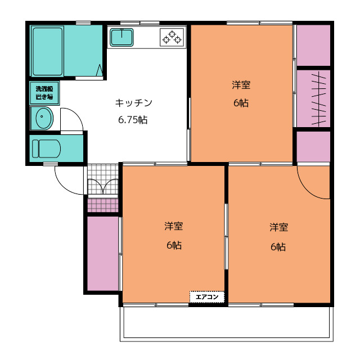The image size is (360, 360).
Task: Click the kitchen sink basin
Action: [121, 37]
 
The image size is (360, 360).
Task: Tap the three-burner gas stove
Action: [172, 37]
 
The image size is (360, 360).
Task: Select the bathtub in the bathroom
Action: [47, 51]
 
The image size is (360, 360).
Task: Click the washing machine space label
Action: [44, 93]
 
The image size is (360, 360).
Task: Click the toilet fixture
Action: [46, 148]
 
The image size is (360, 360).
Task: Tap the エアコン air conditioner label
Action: [207, 297]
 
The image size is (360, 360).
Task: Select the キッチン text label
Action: [134, 103]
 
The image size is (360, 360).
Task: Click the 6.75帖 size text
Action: [133, 120]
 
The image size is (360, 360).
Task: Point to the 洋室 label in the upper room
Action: [241, 85]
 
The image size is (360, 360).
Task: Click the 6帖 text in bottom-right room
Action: [278, 247]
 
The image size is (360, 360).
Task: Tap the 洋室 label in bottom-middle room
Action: [174, 226]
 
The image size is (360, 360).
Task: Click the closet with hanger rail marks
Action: [313, 98]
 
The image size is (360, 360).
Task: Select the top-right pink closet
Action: [313, 45]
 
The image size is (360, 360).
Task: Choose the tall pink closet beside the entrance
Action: [103, 254]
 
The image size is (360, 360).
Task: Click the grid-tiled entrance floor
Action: [103, 179]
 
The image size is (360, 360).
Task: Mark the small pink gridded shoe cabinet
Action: [103, 205]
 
